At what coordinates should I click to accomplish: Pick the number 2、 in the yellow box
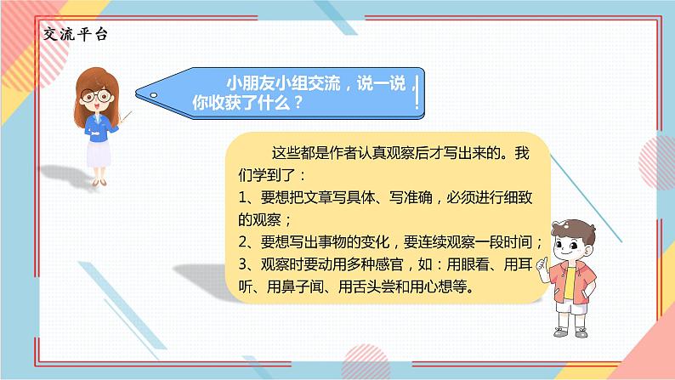click(247, 241)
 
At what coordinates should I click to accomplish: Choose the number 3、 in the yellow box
click(247, 264)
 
